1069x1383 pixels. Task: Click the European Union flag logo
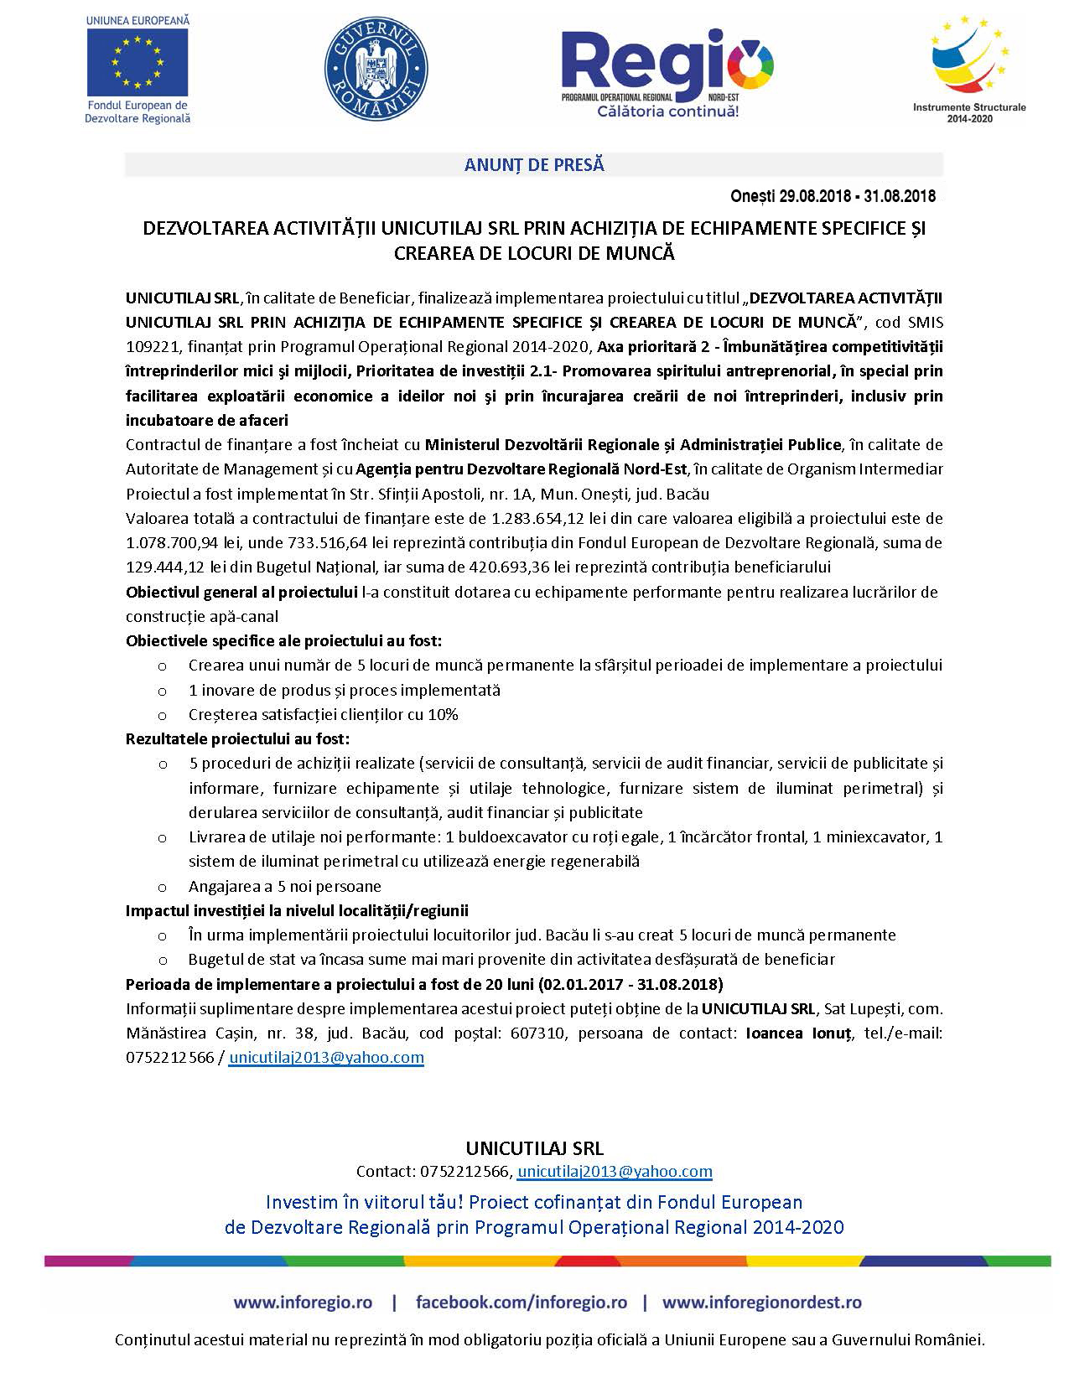(138, 63)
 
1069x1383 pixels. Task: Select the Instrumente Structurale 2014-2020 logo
(968, 67)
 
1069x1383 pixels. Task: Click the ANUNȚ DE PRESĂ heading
(534, 165)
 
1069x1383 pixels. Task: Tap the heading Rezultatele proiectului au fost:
(237, 738)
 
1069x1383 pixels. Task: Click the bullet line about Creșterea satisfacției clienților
(323, 715)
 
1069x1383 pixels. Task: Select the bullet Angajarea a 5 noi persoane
(284, 886)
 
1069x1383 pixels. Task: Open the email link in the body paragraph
(326, 1057)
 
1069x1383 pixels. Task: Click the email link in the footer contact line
(615, 1171)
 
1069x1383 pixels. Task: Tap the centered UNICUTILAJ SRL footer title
(534, 1147)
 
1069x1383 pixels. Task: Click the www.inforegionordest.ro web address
(761, 1303)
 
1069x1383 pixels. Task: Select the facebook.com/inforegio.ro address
(521, 1303)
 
